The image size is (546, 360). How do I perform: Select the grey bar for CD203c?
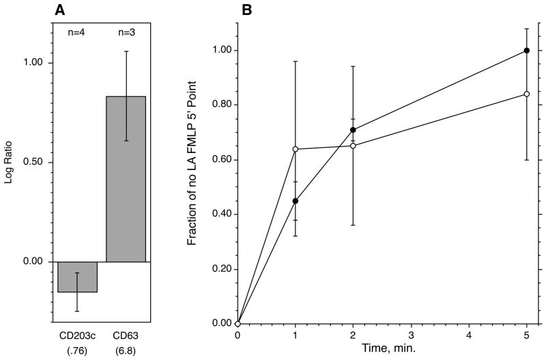coord(77,277)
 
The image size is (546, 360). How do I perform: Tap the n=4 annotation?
coord(76,31)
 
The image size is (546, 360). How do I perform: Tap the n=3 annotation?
coord(126,31)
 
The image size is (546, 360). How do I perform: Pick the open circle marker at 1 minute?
coord(296,149)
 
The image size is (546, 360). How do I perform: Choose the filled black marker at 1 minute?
coord(296,201)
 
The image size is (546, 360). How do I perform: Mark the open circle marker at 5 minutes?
coord(526,94)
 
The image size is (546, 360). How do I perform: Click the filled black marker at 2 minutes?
coord(353,130)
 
